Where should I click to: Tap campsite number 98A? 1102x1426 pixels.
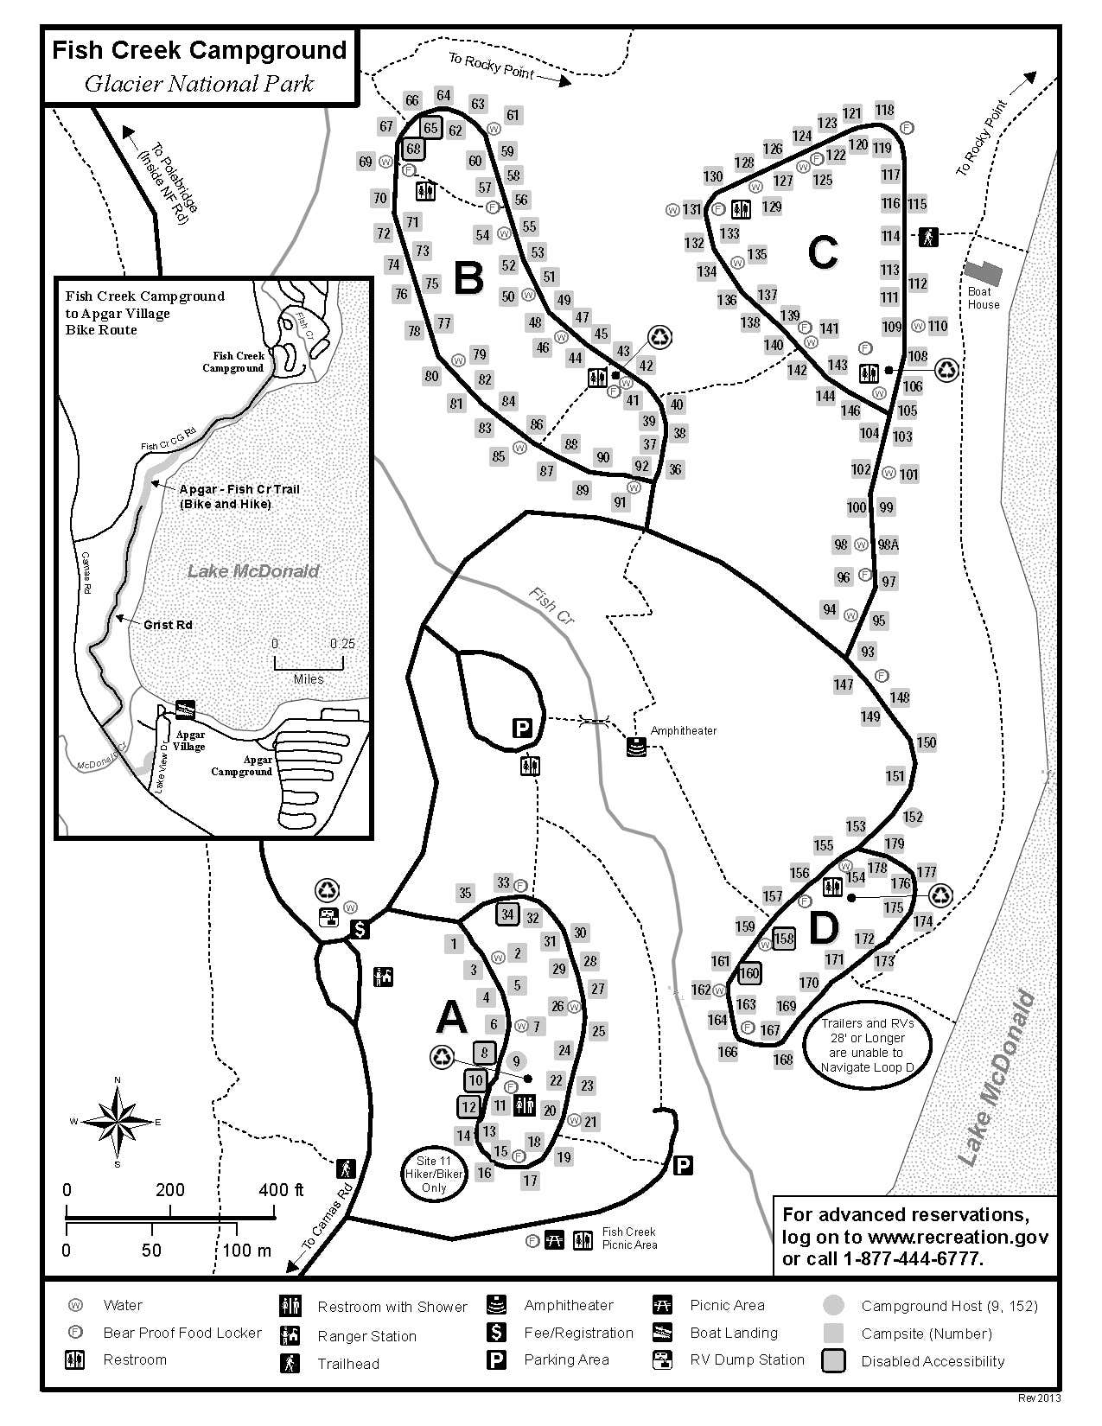(888, 544)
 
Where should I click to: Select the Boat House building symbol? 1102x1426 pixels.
(984, 274)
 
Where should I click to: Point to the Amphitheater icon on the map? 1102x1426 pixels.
(637, 748)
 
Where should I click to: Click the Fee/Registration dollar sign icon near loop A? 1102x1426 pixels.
(360, 929)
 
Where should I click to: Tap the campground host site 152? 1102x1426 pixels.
(913, 817)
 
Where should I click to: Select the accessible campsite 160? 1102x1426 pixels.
(748, 973)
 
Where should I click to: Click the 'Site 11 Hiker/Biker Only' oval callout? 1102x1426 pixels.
(433, 1175)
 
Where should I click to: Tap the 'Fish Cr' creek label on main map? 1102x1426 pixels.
(553, 606)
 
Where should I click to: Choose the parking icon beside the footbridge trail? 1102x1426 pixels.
(522, 729)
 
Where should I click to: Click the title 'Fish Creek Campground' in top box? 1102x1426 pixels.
(199, 50)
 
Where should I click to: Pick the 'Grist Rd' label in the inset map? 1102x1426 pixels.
(168, 625)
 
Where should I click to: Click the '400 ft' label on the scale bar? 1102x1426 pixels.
(282, 1190)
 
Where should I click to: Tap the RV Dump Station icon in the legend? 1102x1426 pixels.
(663, 1359)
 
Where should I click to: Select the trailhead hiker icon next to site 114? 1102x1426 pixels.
(927, 236)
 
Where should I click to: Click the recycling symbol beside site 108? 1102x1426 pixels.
(948, 370)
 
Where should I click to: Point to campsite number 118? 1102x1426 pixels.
(884, 110)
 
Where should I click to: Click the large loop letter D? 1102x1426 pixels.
(823, 927)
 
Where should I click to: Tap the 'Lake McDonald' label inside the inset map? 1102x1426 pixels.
(253, 570)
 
